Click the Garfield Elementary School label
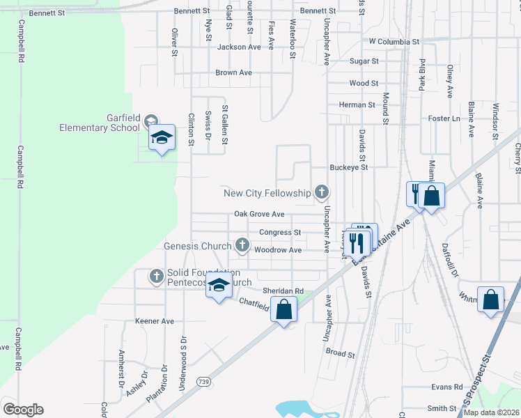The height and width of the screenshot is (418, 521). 93,123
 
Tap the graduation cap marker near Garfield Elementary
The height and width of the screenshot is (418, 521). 162,137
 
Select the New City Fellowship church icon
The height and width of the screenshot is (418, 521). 322,192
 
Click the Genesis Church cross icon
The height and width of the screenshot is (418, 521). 242,245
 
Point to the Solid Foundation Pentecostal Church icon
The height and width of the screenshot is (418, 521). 156,277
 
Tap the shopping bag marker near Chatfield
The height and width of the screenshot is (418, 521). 283,309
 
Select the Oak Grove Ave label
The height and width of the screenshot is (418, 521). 259,214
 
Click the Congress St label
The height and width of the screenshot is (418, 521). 279,232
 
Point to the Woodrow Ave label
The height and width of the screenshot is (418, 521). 278,249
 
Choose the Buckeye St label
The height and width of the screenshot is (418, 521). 348,167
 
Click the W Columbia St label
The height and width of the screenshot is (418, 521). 394,42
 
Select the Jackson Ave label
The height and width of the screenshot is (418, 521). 239,47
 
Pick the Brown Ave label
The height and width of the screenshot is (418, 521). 233,72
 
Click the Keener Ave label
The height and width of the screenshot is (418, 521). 154,321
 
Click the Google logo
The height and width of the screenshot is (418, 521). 23,410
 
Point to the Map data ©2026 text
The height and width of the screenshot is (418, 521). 491,412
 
